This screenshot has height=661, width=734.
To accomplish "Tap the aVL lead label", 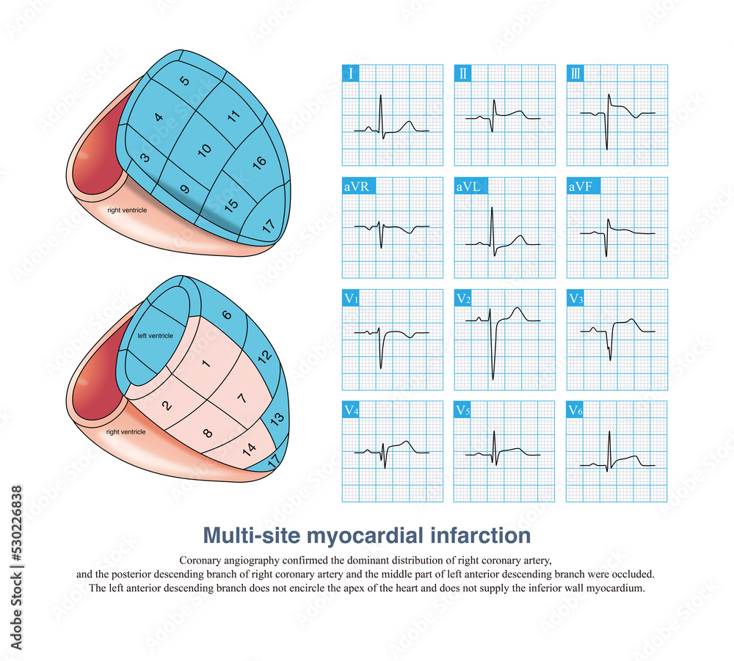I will click(469, 186).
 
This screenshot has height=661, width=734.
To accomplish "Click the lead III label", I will click(576, 74).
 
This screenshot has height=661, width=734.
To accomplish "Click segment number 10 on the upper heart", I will click(205, 149).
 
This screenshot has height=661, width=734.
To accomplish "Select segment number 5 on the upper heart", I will click(184, 81).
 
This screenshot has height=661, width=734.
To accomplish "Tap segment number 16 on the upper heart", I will click(258, 162).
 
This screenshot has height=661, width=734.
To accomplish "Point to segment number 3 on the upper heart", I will click(145, 157).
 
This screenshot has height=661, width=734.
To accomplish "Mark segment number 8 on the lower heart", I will click(207, 432).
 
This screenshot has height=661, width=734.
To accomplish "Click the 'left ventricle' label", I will click(156, 335).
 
